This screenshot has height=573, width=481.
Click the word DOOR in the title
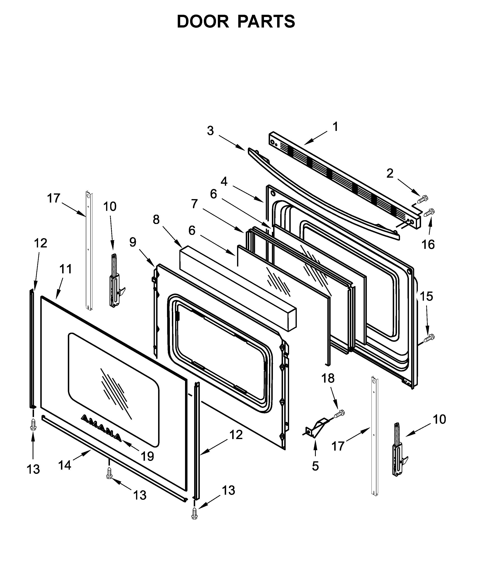click(203, 22)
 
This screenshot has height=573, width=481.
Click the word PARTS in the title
click(266, 22)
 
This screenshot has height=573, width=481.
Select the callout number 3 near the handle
click(210, 131)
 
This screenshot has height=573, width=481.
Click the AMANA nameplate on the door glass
click(101, 428)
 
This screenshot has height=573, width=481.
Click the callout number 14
click(65, 465)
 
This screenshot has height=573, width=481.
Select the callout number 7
click(194, 204)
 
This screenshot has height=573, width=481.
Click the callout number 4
click(224, 181)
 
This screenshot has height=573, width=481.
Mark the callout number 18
click(328, 378)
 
